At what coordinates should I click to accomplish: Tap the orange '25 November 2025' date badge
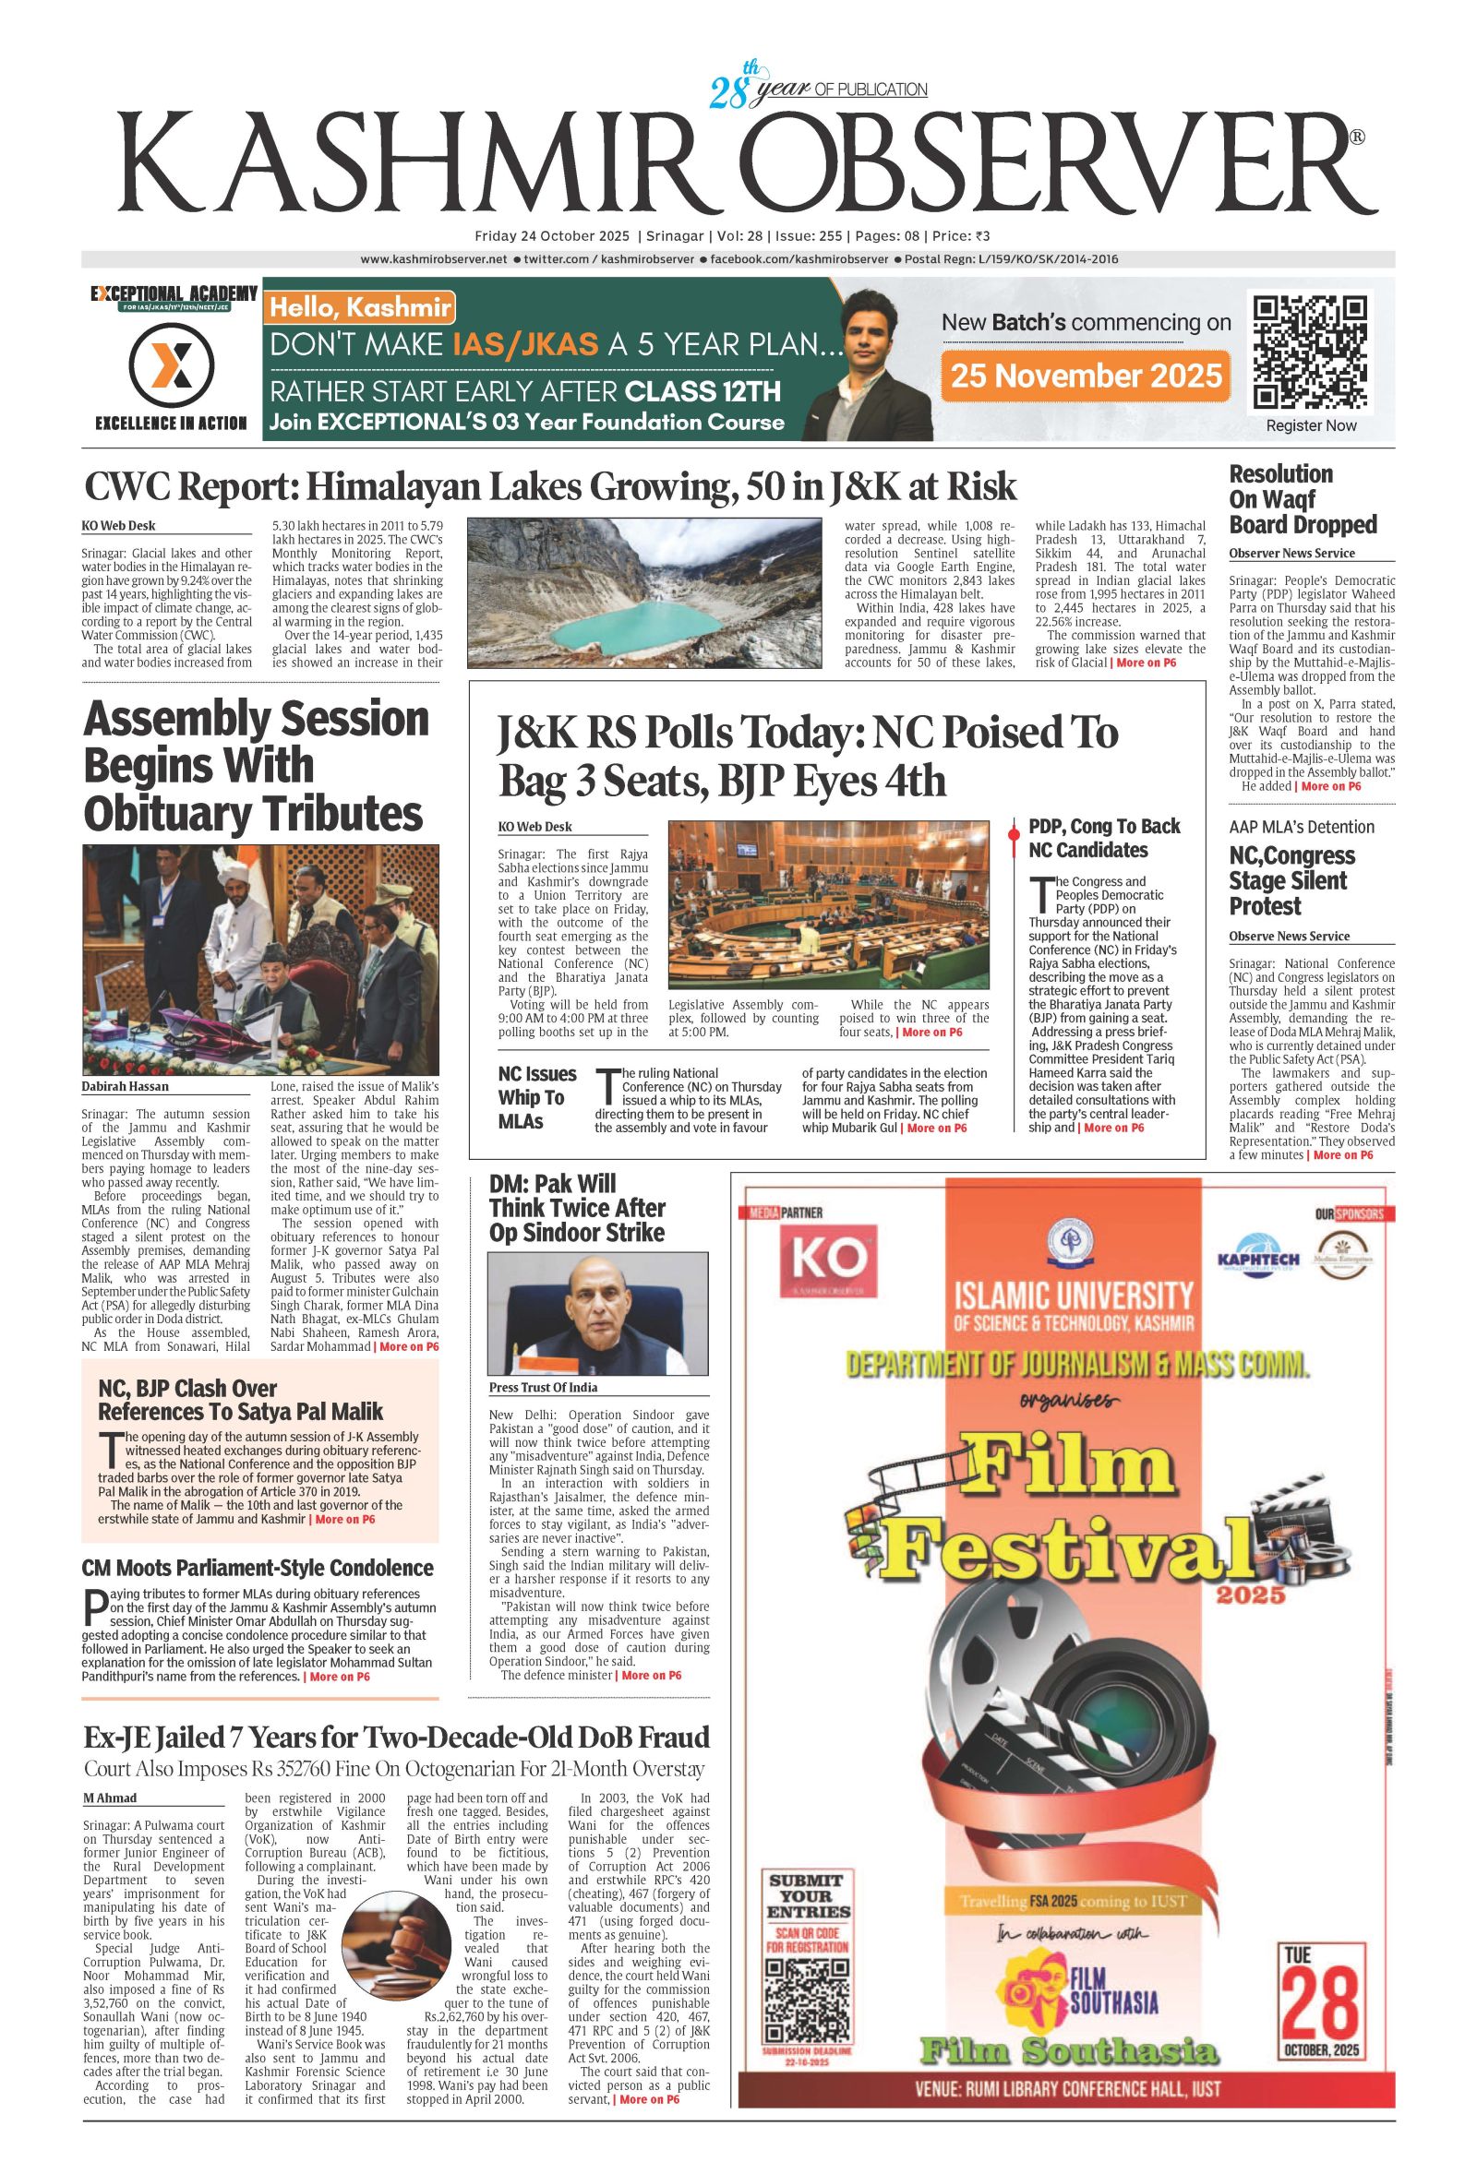coord(1086,375)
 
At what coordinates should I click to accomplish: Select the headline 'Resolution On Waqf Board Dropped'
coord(1302,499)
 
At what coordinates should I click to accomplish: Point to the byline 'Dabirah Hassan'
coord(124,1086)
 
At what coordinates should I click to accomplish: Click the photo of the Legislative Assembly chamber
coord(828,904)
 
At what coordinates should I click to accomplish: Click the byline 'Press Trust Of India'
coord(544,1388)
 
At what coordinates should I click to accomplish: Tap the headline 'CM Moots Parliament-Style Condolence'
coord(258,1568)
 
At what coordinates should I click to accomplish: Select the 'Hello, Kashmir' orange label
coord(359,308)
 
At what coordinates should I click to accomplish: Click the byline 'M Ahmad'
coord(110,1798)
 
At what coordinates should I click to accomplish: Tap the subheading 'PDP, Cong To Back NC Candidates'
coord(1104,837)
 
